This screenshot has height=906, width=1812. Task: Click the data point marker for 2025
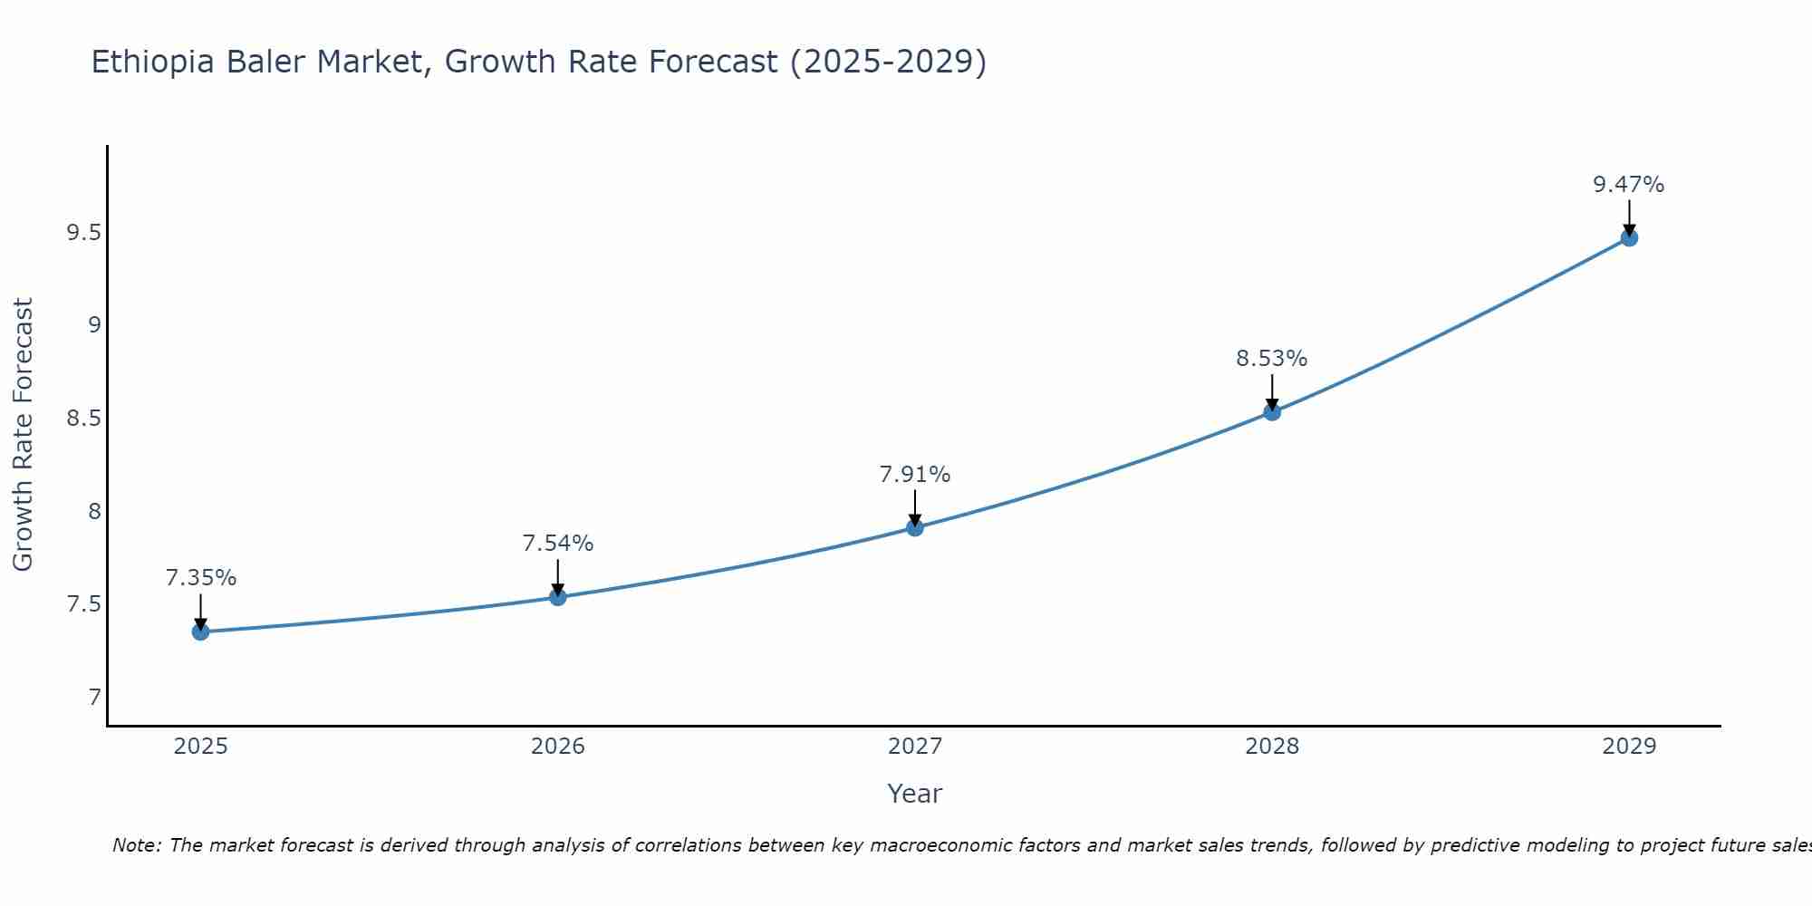tap(200, 631)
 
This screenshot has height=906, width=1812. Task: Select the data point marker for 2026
tap(558, 597)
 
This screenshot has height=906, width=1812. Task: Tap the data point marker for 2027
tap(915, 527)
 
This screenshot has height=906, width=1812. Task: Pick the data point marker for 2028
tap(1272, 412)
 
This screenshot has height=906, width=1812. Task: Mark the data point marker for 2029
tap(1629, 237)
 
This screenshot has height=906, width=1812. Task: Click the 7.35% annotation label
tap(200, 578)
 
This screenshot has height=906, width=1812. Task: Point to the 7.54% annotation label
tap(558, 544)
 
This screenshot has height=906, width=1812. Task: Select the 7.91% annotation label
tap(915, 475)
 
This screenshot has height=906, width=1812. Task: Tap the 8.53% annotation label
tap(1272, 359)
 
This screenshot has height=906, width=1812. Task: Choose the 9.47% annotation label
tap(1629, 185)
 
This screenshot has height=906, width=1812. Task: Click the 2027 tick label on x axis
tap(915, 747)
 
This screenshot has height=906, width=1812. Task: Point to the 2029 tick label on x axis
tap(1629, 747)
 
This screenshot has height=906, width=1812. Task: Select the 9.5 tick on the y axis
tap(82, 233)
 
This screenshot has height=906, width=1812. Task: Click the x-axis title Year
tap(915, 794)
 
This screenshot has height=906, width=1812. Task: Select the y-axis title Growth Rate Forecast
tap(23, 435)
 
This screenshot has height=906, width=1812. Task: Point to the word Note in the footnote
tap(136, 845)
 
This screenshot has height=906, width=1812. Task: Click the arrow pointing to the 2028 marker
tap(1272, 391)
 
